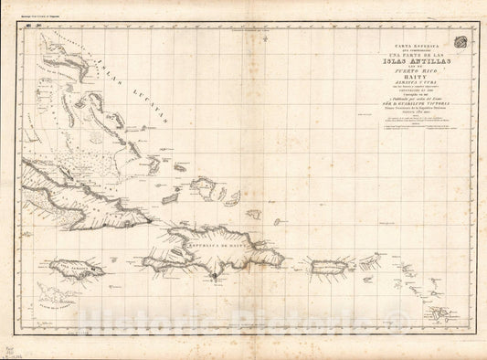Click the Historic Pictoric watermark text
(x=243, y=323)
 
